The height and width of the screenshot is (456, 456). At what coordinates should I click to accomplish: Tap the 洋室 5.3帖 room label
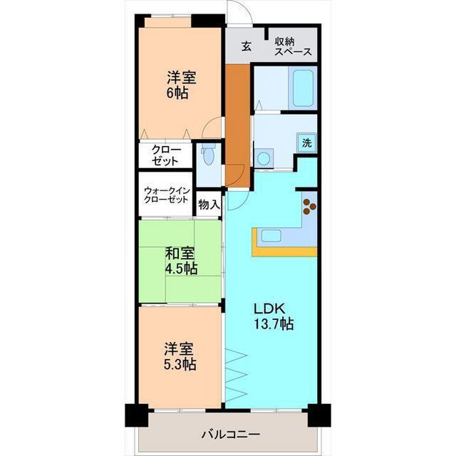tap(180, 357)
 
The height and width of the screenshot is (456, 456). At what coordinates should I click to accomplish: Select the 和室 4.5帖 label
tap(181, 261)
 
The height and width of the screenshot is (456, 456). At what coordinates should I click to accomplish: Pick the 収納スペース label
tap(293, 46)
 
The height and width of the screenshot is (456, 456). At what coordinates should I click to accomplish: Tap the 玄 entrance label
tap(246, 46)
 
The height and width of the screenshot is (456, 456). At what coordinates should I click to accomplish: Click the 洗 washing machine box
tap(306, 142)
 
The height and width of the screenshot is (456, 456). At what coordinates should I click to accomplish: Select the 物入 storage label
tap(209, 204)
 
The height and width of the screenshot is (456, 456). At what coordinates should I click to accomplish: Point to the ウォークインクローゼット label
tap(166, 195)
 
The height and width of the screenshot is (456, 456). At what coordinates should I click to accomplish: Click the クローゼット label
tap(166, 156)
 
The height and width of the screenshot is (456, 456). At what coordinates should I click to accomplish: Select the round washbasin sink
tap(264, 157)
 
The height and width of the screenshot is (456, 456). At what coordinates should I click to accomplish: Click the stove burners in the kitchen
tap(309, 205)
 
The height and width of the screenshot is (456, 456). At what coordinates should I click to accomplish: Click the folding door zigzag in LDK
tap(237, 378)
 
